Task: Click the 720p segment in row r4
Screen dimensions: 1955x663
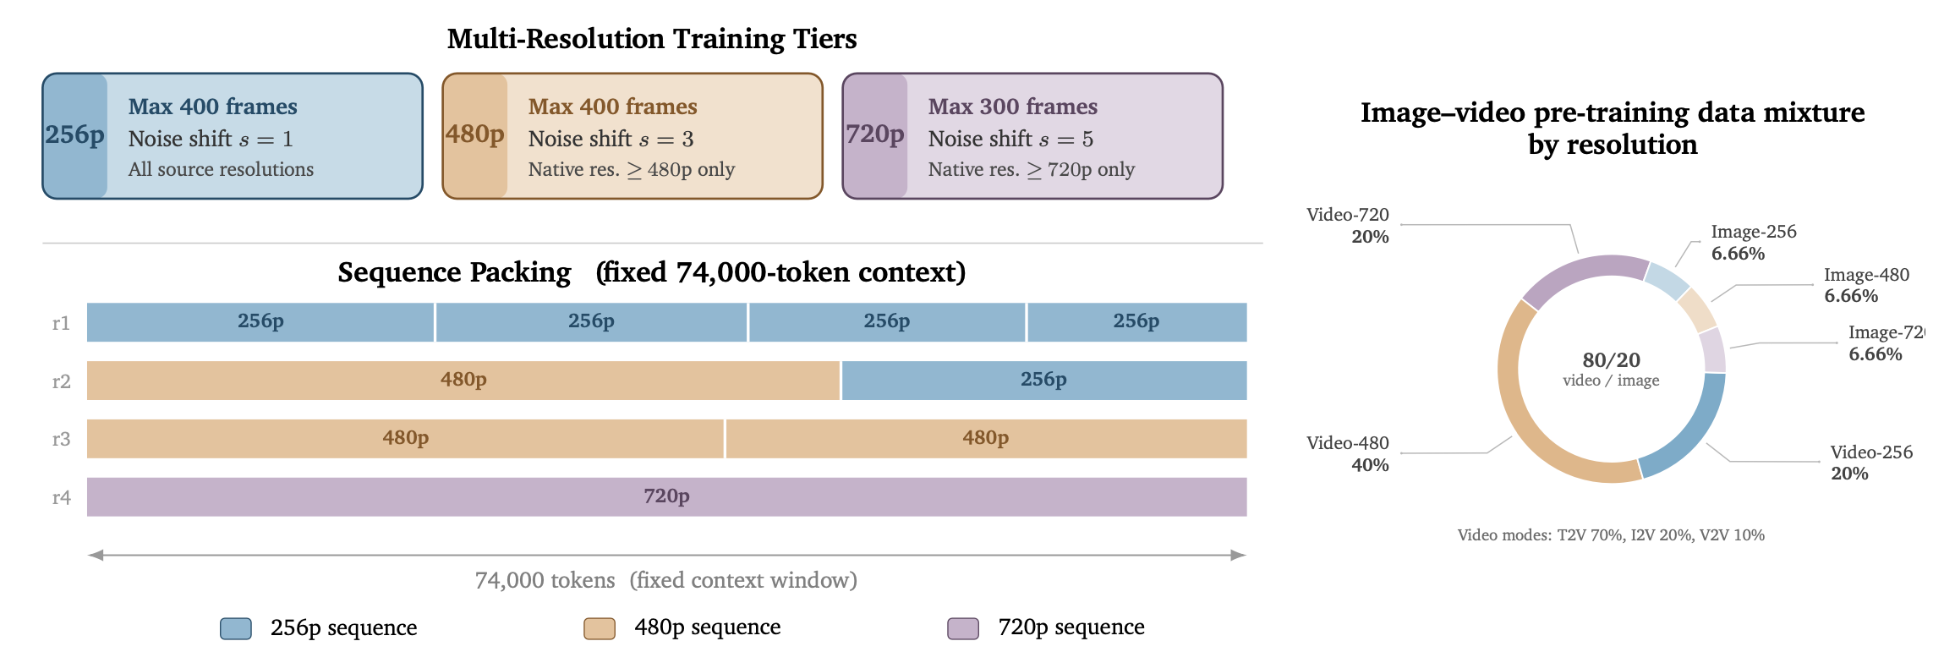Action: pyautogui.click(x=666, y=496)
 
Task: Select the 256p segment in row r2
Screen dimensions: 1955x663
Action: pyautogui.click(x=1044, y=380)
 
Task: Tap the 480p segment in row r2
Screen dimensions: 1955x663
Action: pyautogui.click(x=463, y=380)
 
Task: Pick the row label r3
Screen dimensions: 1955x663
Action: pyautogui.click(x=61, y=439)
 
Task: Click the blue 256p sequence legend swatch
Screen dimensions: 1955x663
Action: pyautogui.click(x=236, y=628)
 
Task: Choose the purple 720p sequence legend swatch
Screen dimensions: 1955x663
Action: pyautogui.click(x=963, y=628)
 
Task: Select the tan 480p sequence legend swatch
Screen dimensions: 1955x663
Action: pyautogui.click(x=600, y=628)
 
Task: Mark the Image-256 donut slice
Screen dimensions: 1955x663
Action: pyautogui.click(x=1667, y=282)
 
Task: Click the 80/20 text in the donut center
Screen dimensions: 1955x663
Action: pyautogui.click(x=1611, y=360)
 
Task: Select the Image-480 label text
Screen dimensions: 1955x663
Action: pyautogui.click(x=1866, y=275)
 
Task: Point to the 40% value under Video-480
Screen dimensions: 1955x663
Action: pyautogui.click(x=1370, y=465)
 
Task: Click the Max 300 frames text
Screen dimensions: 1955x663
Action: pyautogui.click(x=1013, y=107)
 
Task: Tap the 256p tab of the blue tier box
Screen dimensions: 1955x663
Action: pyautogui.click(x=75, y=135)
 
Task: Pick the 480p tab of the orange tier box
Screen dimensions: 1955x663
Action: pyautogui.click(x=475, y=135)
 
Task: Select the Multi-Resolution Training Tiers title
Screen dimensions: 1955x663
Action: pyautogui.click(x=652, y=39)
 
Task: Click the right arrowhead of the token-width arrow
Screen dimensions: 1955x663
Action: pyautogui.click(x=1239, y=556)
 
